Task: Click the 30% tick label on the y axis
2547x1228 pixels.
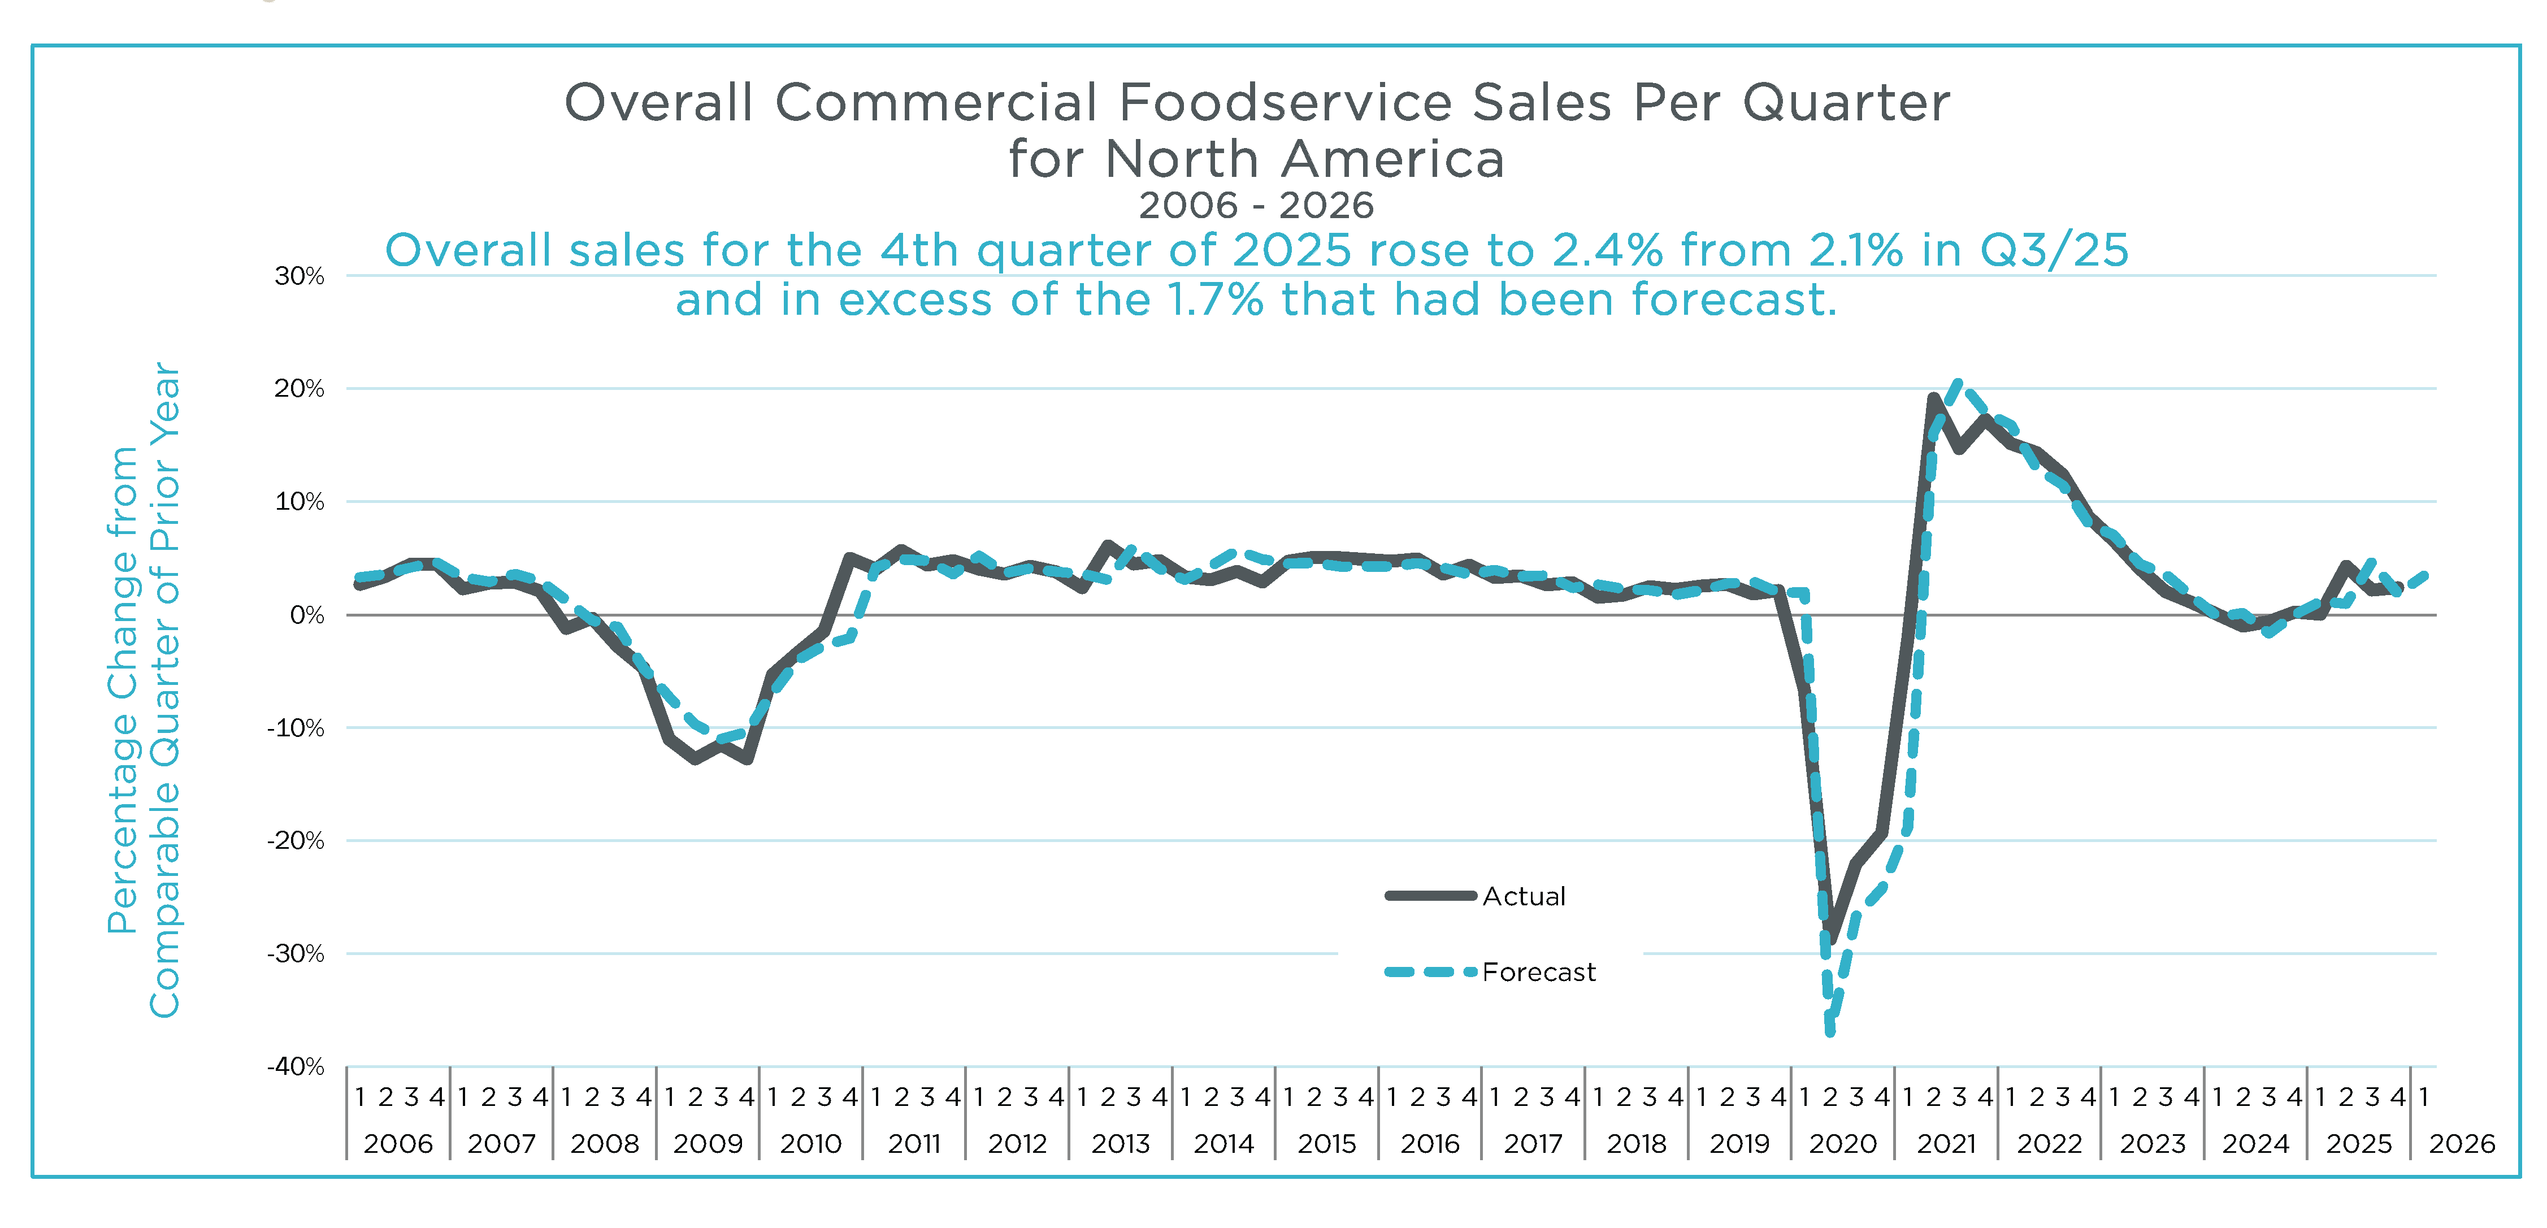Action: click(x=298, y=276)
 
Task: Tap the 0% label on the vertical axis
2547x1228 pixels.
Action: click(x=306, y=615)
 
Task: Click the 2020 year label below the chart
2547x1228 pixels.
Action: click(x=1842, y=1144)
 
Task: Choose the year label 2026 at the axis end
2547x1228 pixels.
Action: click(x=2461, y=1144)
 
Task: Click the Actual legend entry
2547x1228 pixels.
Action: click(x=1524, y=897)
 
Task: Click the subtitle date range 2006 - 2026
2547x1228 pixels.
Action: click(x=1256, y=206)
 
